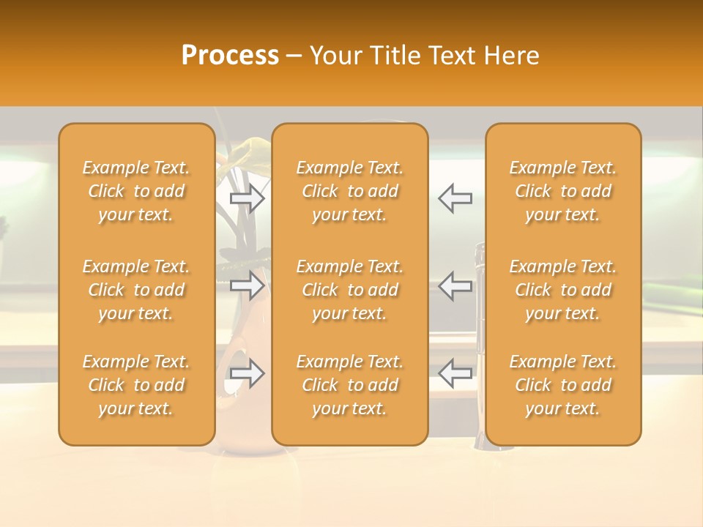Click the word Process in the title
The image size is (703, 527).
[x=230, y=56]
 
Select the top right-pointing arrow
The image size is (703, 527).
[x=247, y=198]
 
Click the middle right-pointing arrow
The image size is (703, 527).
[x=247, y=285]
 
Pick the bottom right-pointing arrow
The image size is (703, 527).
[x=247, y=373]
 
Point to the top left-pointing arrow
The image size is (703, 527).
[x=455, y=198]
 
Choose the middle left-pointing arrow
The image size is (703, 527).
[x=455, y=285]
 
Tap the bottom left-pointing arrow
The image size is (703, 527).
[x=455, y=373]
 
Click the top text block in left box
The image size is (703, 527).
[x=136, y=191]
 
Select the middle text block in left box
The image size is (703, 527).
[x=136, y=290]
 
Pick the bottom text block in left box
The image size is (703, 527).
[x=136, y=385]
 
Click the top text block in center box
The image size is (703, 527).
[x=350, y=191]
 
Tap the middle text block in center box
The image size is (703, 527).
[x=350, y=290]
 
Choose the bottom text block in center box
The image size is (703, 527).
[x=350, y=385]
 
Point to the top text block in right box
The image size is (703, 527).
[x=563, y=191]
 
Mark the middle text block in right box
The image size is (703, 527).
[x=563, y=290]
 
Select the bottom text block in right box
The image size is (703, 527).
[x=563, y=385]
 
